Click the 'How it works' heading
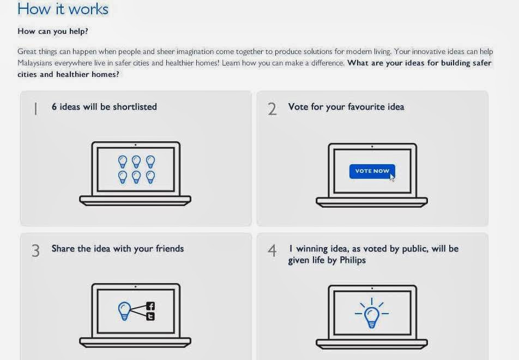63,9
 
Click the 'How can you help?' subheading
53,32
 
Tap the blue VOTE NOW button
372,171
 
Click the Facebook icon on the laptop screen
150,306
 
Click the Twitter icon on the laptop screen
150,316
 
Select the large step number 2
272,109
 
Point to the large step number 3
35,251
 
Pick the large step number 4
272,251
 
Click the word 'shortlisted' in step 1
135,107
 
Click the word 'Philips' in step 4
353,260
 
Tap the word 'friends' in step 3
170,249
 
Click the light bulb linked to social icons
124,311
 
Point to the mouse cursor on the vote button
392,177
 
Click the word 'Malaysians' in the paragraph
35,63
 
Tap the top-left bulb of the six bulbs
123,162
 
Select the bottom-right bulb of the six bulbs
150,177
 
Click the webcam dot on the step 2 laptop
372,146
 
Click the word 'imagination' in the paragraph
195,52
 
